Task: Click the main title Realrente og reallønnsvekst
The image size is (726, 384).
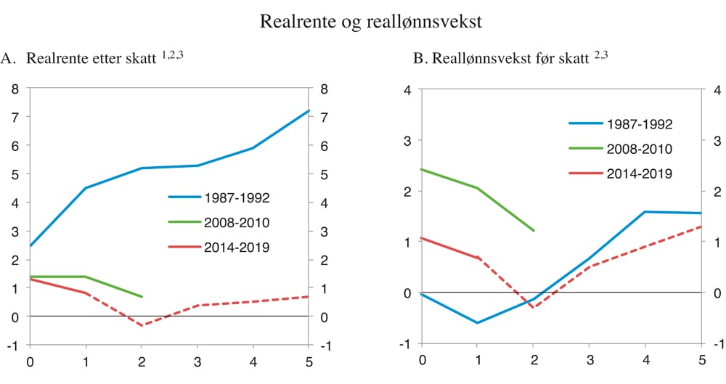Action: (x=370, y=23)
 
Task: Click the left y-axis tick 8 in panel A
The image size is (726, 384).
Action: (x=15, y=89)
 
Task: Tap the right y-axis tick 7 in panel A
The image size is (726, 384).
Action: (x=323, y=117)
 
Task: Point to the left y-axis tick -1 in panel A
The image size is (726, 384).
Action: (x=12, y=345)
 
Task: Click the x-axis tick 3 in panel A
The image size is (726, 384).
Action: (x=197, y=360)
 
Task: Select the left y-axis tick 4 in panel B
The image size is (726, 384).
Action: (x=407, y=89)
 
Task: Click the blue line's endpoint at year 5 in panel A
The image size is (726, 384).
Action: (x=309, y=111)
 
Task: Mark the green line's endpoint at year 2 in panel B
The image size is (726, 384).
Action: (x=534, y=231)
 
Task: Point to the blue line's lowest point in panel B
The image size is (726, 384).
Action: (x=477, y=323)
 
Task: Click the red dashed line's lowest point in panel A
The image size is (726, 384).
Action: (x=142, y=325)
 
